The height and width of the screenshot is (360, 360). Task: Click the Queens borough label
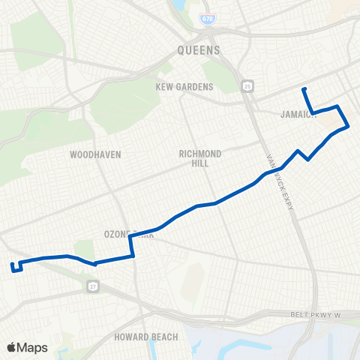coord(199,50)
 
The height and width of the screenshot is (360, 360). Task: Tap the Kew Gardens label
coord(184,87)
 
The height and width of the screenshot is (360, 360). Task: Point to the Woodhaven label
coord(95,154)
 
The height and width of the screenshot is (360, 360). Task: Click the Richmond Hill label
coord(199,157)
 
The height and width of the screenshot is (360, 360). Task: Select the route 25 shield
coord(248,87)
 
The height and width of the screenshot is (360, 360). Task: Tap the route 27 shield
coord(92,286)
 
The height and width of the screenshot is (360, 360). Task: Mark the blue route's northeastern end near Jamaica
coord(304,90)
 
